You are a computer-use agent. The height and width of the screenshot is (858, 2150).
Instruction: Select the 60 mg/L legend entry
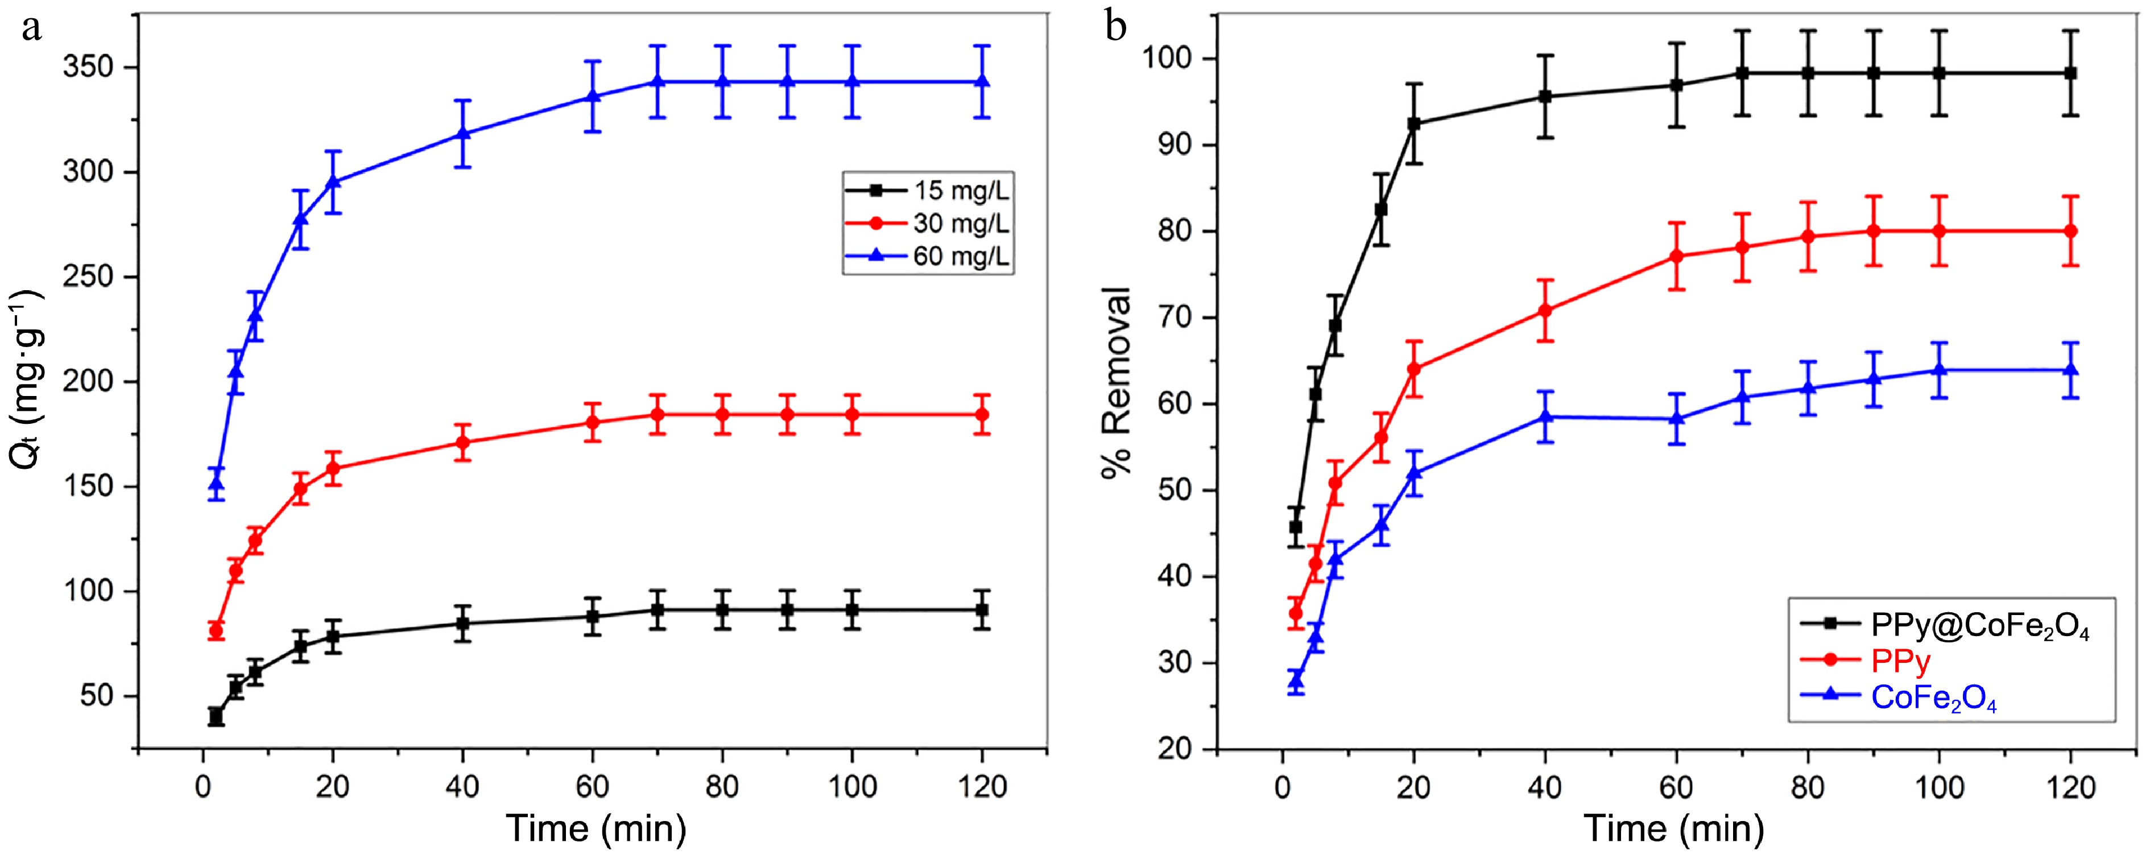coord(961,255)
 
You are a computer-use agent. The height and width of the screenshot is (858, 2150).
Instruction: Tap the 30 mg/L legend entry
coord(961,223)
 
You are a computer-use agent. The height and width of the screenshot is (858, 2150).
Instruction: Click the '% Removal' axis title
coord(1117,382)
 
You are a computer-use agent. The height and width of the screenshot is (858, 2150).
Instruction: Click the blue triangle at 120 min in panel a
coord(982,81)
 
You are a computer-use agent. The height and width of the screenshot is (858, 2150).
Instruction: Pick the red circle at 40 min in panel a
coord(463,442)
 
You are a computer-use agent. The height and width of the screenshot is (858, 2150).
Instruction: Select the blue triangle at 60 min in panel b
coord(1676,418)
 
